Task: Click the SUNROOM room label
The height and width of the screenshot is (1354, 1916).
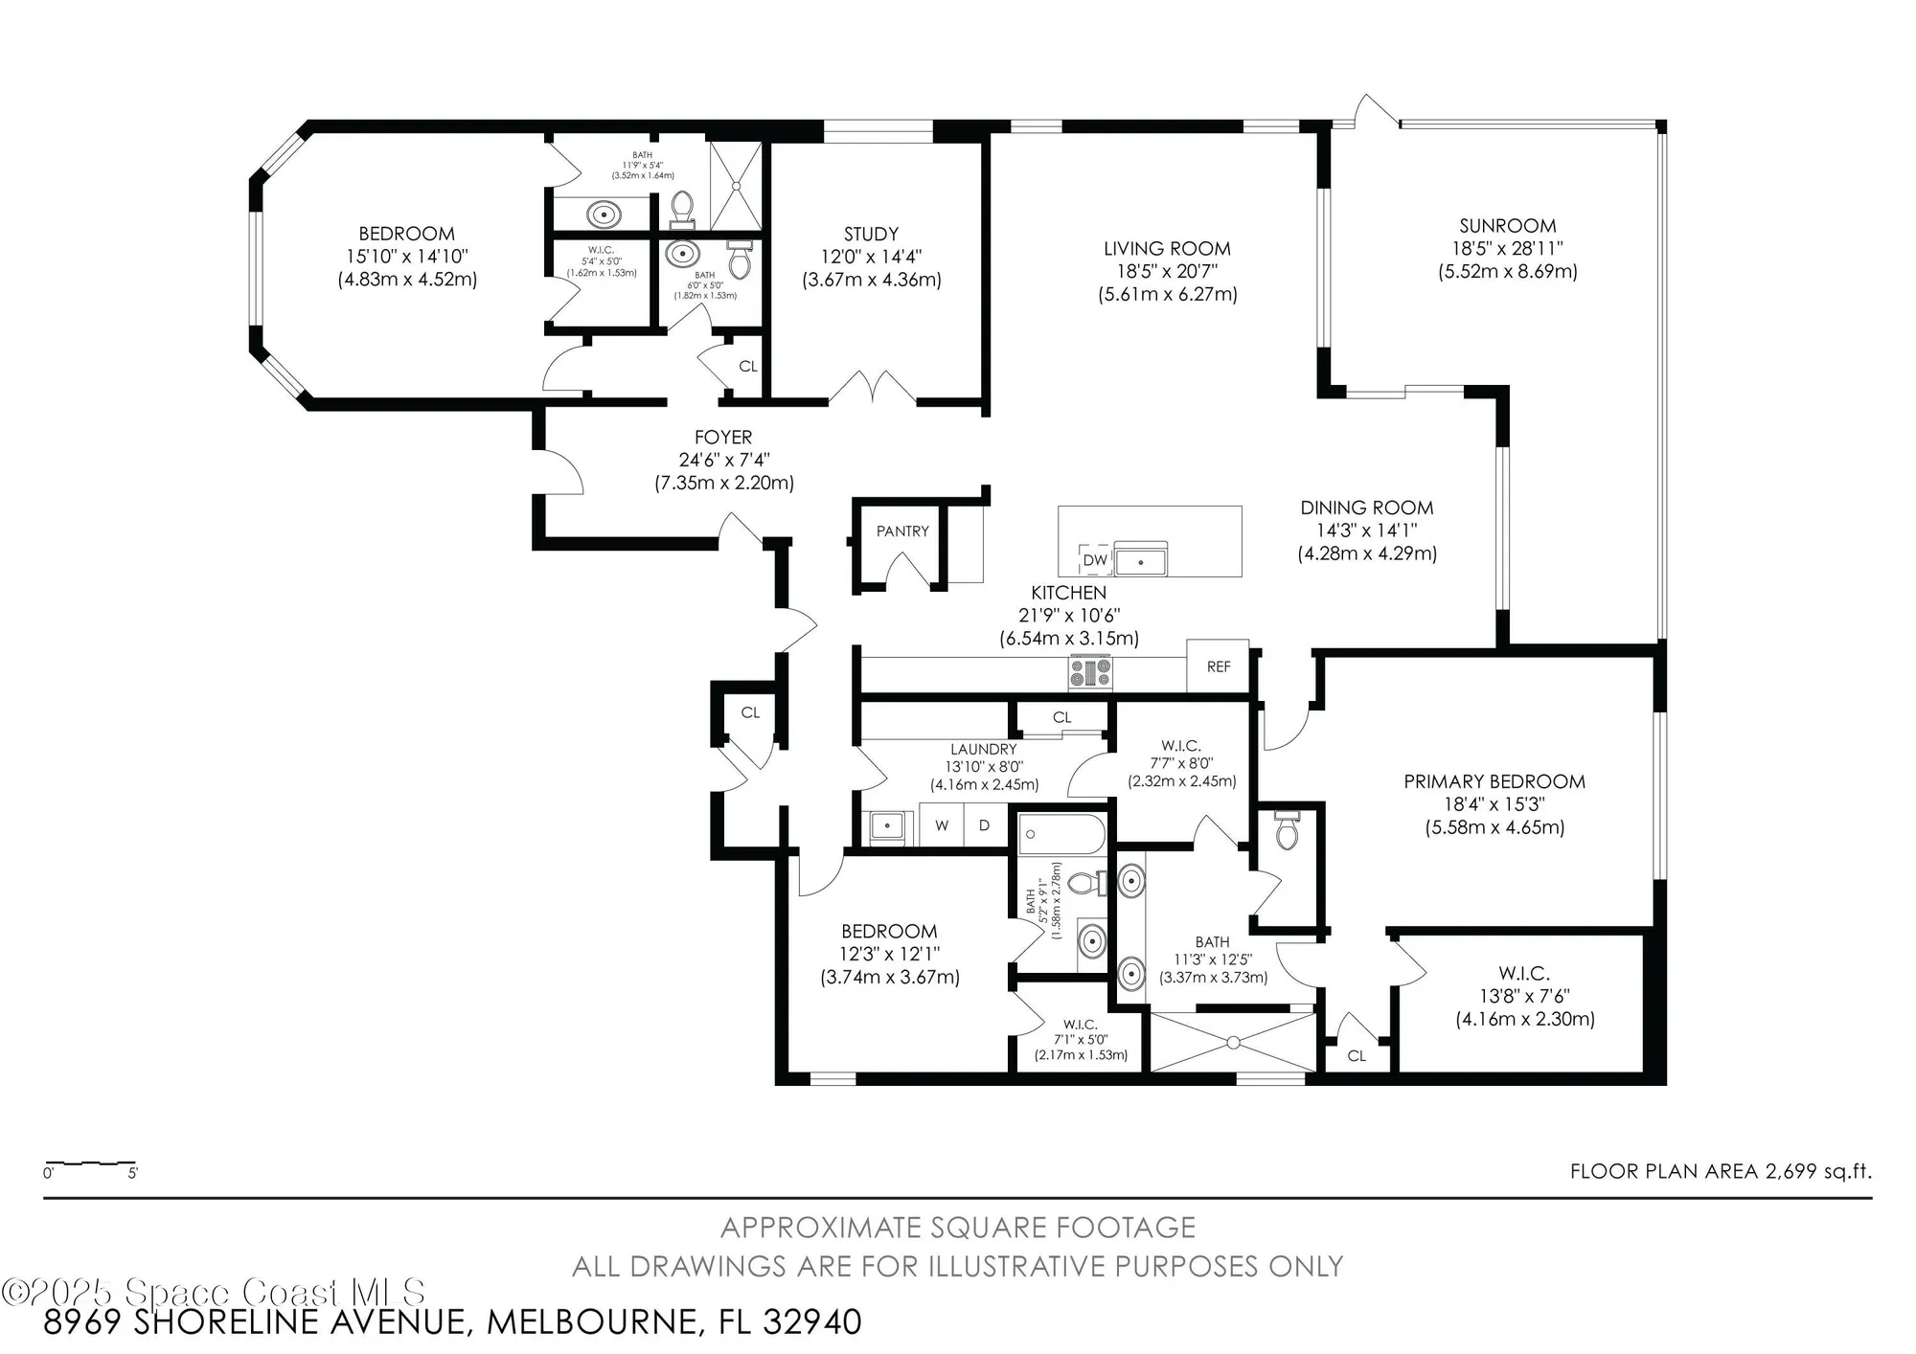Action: pyautogui.click(x=1507, y=226)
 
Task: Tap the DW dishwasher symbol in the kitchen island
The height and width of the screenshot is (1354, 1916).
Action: pyautogui.click(x=1094, y=560)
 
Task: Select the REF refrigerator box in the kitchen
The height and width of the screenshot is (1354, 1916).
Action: pyautogui.click(x=1218, y=666)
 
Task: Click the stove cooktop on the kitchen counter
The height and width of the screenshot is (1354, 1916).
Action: pyautogui.click(x=1090, y=671)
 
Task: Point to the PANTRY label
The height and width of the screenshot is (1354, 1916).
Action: pyautogui.click(x=902, y=531)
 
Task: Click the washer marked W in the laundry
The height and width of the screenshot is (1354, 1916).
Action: pyautogui.click(x=942, y=825)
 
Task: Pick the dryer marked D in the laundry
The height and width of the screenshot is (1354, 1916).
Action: pyautogui.click(x=984, y=825)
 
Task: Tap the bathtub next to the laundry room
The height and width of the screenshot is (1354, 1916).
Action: pyautogui.click(x=1061, y=834)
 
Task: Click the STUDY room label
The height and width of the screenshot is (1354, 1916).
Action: pyautogui.click(x=871, y=234)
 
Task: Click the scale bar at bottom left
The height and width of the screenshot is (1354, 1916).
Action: pyautogui.click(x=90, y=1165)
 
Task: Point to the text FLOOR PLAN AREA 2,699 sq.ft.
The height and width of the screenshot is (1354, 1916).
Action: pyautogui.click(x=1720, y=1171)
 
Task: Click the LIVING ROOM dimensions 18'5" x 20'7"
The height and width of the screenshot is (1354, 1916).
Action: pyautogui.click(x=1167, y=271)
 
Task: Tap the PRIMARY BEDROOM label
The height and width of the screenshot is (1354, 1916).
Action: pyautogui.click(x=1494, y=781)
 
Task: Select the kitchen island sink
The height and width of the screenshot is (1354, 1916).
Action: pyautogui.click(x=1140, y=559)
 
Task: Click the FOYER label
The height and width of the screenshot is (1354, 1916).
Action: pyautogui.click(x=723, y=437)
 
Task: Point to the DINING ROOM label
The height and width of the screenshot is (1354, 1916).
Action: pyautogui.click(x=1366, y=508)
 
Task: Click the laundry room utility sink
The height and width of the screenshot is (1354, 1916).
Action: pyautogui.click(x=888, y=826)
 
